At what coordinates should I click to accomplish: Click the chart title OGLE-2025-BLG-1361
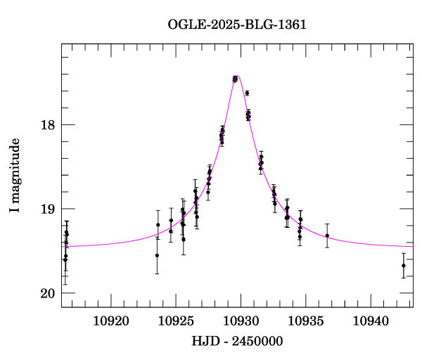[237, 25]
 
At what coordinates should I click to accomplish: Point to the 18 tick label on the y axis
[46, 125]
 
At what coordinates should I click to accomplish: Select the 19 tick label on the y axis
[46, 209]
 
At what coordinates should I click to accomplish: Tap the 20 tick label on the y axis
[46, 293]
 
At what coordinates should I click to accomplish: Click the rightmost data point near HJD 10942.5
[403, 265]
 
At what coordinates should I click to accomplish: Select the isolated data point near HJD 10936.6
[327, 236]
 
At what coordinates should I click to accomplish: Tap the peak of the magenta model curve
[238, 76]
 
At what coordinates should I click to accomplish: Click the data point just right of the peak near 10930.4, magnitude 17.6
[247, 93]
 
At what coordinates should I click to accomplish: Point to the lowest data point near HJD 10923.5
[157, 255]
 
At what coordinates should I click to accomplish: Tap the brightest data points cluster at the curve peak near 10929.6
[235, 79]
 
